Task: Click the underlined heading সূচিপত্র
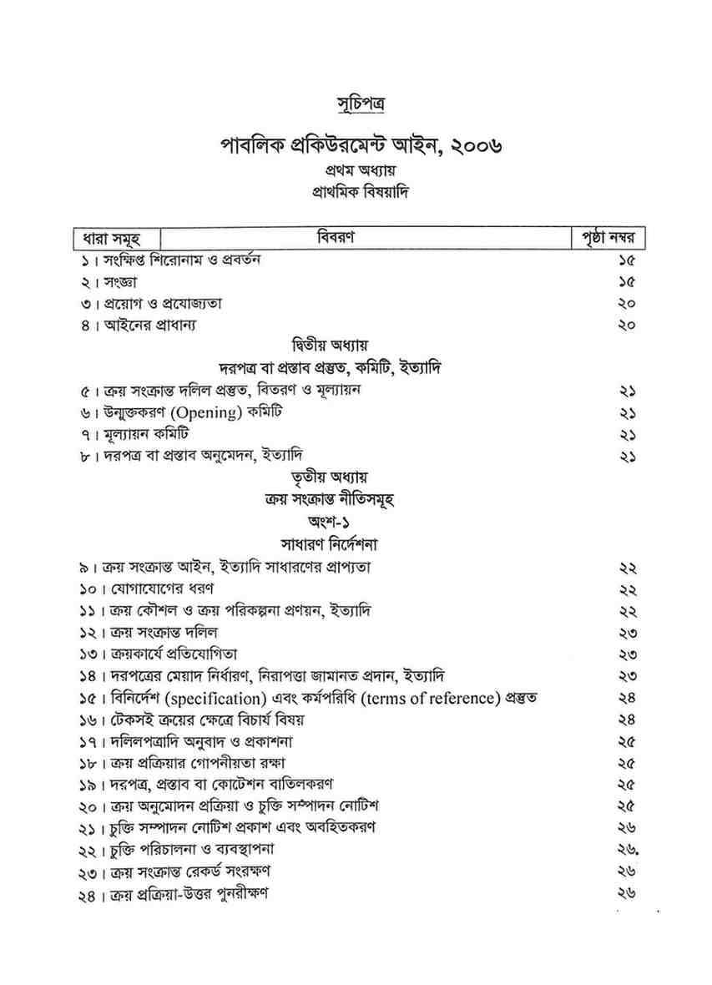[356, 105]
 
